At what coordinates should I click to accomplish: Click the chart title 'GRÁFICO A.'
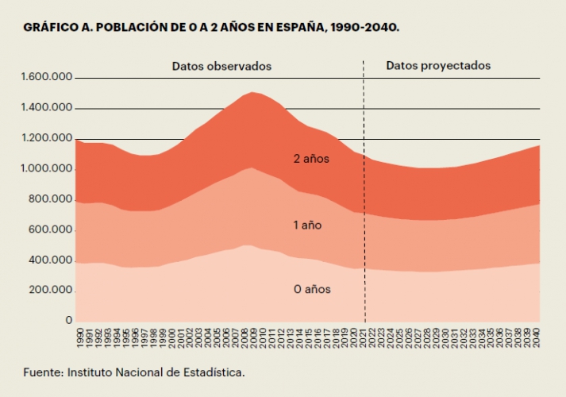[x=57, y=27]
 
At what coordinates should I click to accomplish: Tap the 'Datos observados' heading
[x=221, y=66]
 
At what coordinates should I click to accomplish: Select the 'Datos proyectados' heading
[x=438, y=66]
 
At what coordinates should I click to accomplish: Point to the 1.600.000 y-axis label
[x=48, y=78]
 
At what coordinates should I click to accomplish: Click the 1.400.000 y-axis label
[x=48, y=108]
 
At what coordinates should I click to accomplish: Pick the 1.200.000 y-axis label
[x=48, y=138]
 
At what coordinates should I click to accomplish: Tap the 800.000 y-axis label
[x=50, y=199]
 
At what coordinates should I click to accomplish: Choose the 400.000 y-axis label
[x=50, y=260]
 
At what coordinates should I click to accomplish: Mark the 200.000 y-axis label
[x=50, y=290]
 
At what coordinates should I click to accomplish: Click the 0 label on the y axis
[x=69, y=320]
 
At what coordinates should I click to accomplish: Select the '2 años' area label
[x=311, y=159]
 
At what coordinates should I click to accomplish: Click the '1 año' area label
[x=307, y=225]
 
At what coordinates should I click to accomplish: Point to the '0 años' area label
[x=312, y=289]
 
